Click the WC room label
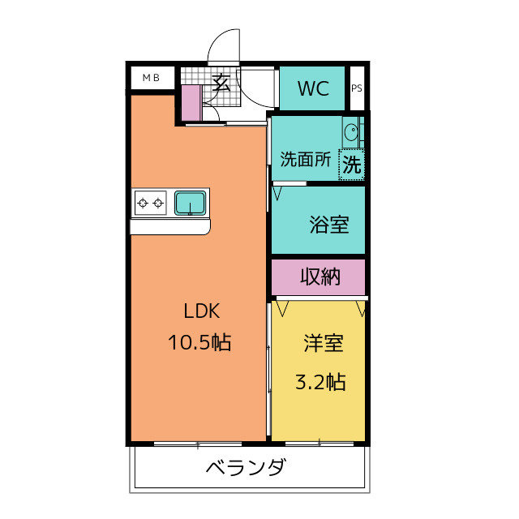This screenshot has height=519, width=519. (x=313, y=88)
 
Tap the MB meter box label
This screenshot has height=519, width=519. (x=151, y=78)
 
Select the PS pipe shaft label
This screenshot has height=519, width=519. (x=357, y=89)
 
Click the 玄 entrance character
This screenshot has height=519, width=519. (x=221, y=83)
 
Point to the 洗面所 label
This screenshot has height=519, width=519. (x=305, y=159)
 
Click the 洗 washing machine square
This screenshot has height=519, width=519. (x=351, y=165)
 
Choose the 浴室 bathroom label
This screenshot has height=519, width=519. (x=328, y=225)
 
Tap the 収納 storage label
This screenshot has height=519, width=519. (x=320, y=277)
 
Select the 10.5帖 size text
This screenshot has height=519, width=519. (x=199, y=342)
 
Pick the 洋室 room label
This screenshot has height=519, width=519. (x=323, y=343)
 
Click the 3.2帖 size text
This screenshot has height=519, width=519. (x=320, y=381)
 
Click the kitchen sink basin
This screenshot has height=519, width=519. (x=190, y=202)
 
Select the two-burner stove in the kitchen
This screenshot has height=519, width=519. (x=151, y=202)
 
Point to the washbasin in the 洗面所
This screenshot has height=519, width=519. (x=352, y=132)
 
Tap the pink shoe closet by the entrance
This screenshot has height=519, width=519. (x=191, y=101)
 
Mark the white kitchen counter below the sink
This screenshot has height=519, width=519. (x=169, y=225)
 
